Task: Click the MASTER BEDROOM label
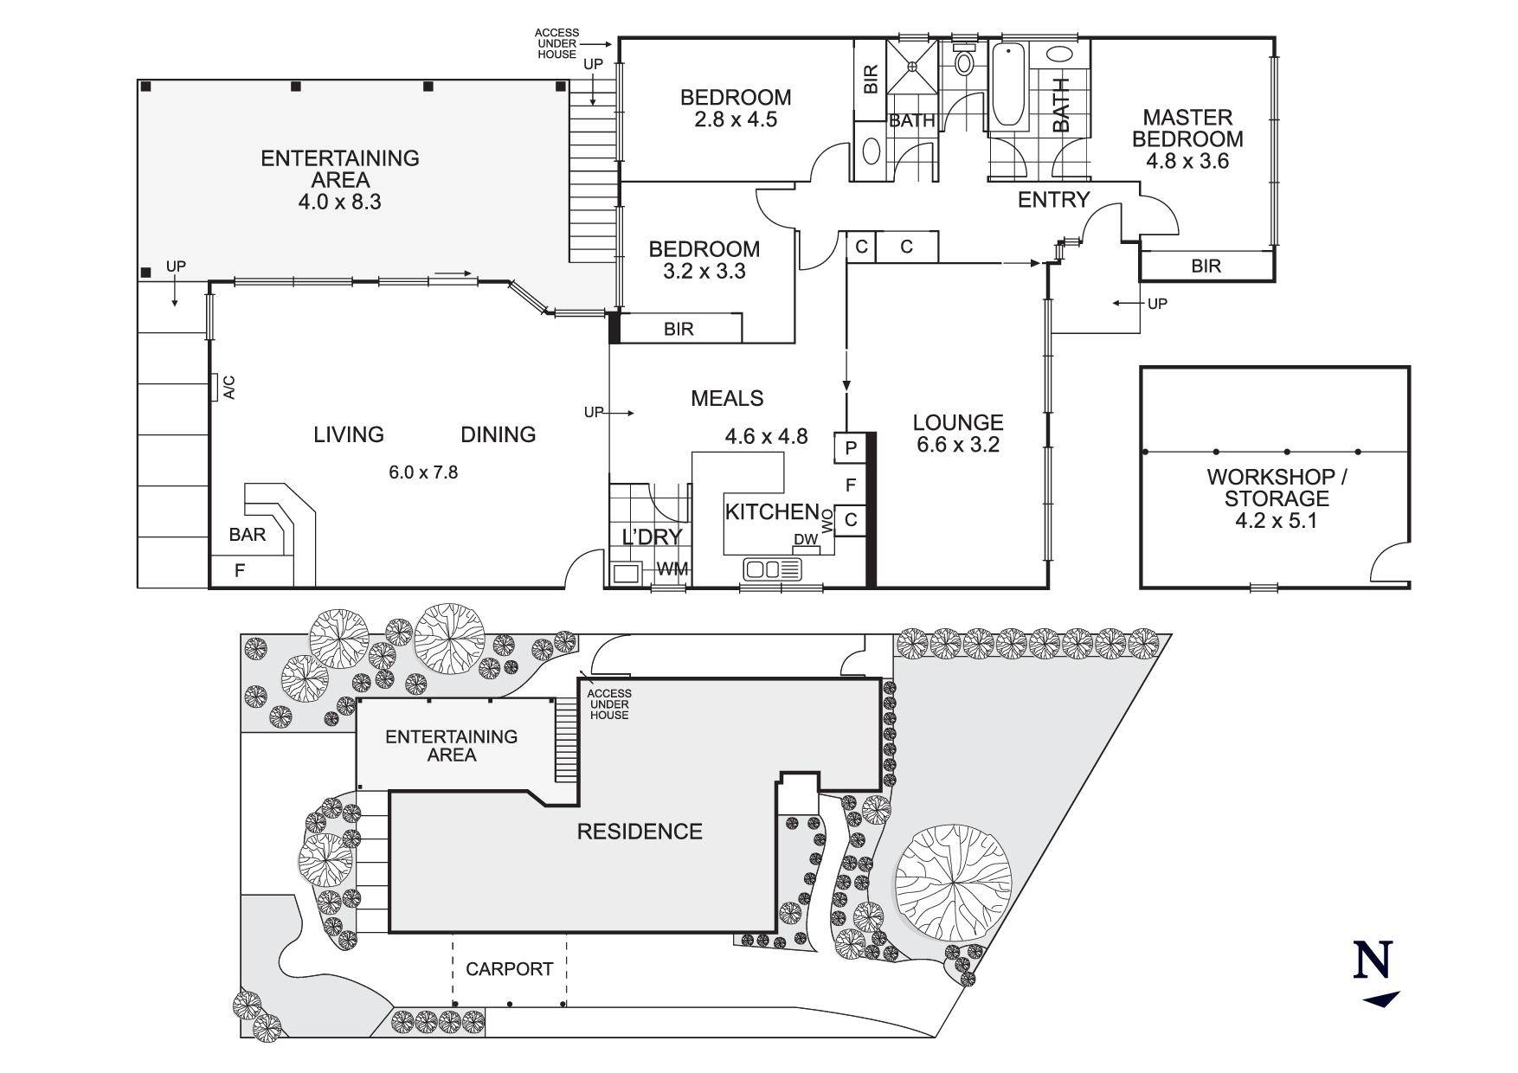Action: (1187, 128)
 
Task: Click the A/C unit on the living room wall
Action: (213, 388)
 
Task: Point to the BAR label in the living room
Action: (248, 535)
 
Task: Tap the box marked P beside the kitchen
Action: (850, 448)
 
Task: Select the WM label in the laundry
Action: (672, 569)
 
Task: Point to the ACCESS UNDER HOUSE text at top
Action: (556, 43)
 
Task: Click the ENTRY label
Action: (1052, 200)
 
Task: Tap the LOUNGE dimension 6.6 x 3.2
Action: (958, 445)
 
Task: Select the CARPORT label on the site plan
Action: (509, 969)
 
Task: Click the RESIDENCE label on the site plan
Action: (639, 832)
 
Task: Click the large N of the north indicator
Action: (1373, 960)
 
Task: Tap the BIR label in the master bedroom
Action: (1206, 266)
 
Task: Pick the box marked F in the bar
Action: (240, 570)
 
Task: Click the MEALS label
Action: (726, 398)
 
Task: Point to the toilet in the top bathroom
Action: (963, 62)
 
